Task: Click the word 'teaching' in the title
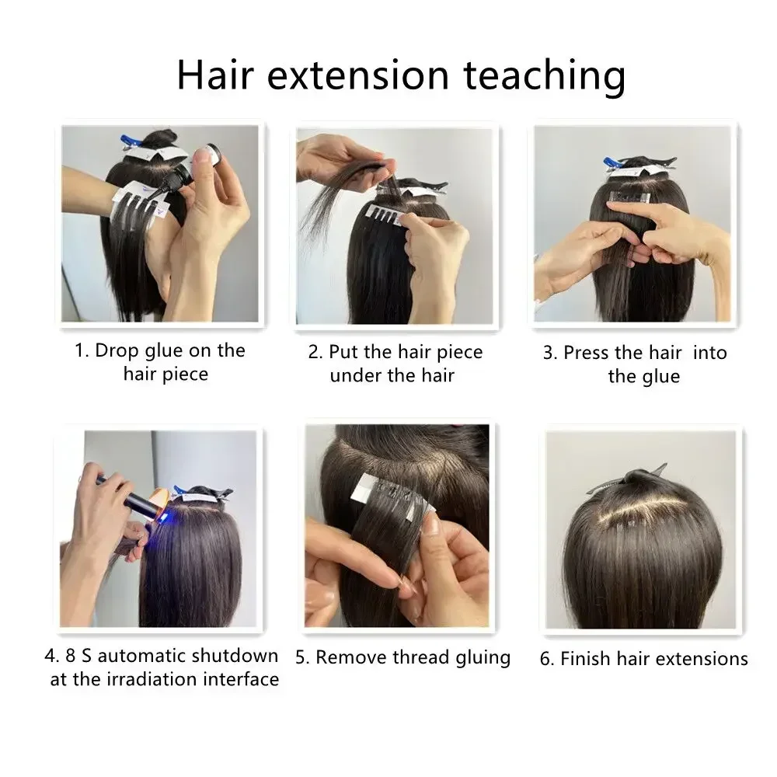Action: [x=544, y=75]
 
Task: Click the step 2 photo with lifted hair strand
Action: [x=395, y=225]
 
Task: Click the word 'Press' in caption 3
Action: [x=587, y=353]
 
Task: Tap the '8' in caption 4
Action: [x=68, y=656]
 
